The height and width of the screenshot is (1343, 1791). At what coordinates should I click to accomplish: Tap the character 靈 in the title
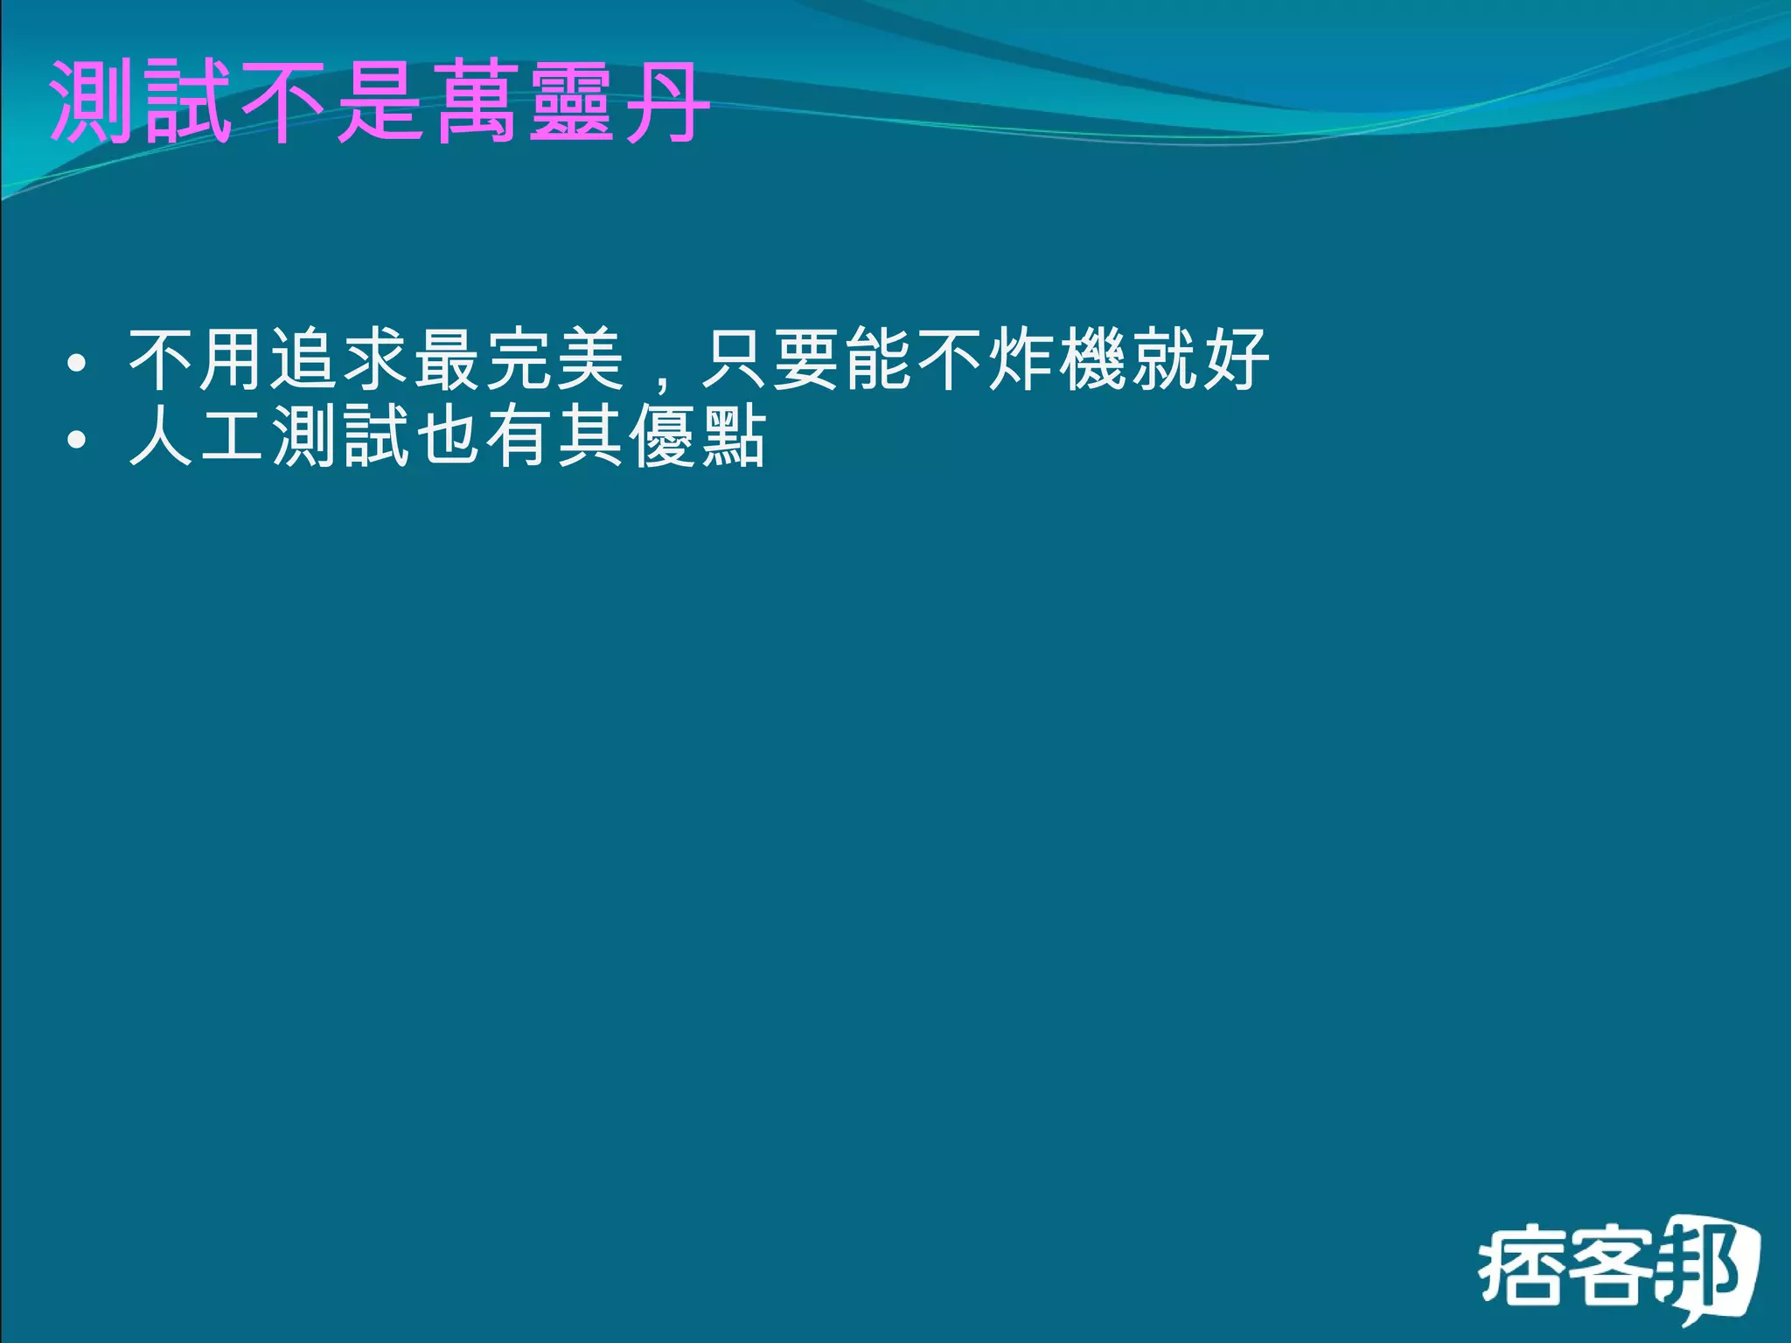(569, 102)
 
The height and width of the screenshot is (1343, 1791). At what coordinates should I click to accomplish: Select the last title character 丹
(665, 102)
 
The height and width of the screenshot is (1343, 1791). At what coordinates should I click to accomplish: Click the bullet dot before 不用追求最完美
(77, 362)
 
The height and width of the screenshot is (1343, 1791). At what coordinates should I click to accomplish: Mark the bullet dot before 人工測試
(77, 439)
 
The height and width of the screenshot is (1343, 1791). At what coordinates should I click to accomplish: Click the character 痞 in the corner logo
(1520, 1268)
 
